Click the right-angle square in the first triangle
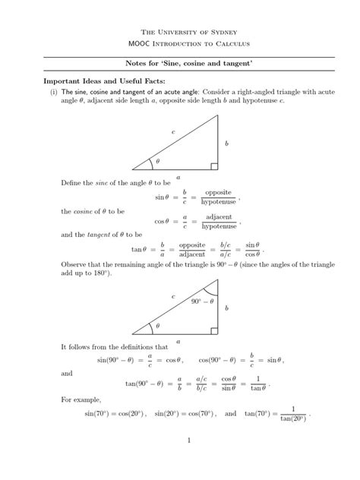(214, 166)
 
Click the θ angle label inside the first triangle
(158, 162)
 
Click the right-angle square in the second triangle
(214, 330)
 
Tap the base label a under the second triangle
(178, 342)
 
